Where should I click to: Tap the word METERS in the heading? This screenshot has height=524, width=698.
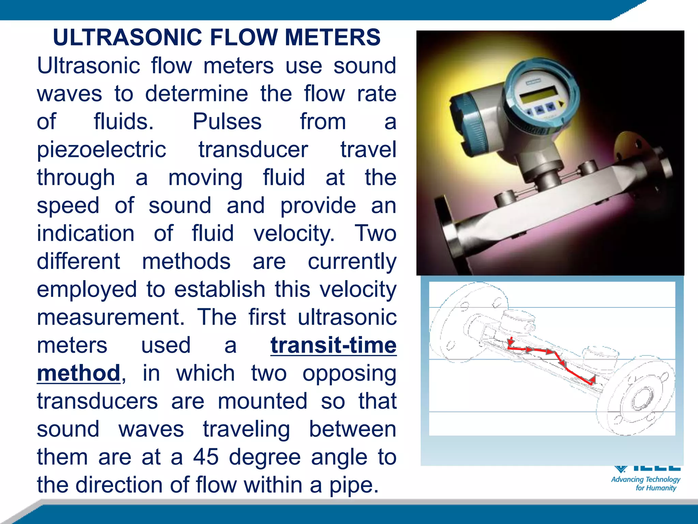[332, 37]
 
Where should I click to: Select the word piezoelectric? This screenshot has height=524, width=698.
[102, 150]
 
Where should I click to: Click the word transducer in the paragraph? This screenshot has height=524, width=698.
[253, 150]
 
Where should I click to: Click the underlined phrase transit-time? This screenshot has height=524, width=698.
[333, 345]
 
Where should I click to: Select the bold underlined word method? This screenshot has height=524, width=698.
[78, 373]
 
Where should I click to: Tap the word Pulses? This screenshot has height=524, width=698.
[227, 121]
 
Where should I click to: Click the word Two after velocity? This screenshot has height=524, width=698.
[375, 233]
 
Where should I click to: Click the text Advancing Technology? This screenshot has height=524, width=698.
[646, 479]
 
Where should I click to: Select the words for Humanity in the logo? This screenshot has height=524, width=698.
[656, 488]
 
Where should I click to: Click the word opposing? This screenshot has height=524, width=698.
[349, 373]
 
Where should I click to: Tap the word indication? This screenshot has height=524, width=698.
[86, 233]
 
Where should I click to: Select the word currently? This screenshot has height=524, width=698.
[352, 262]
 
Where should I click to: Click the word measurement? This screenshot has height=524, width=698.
[110, 317]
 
